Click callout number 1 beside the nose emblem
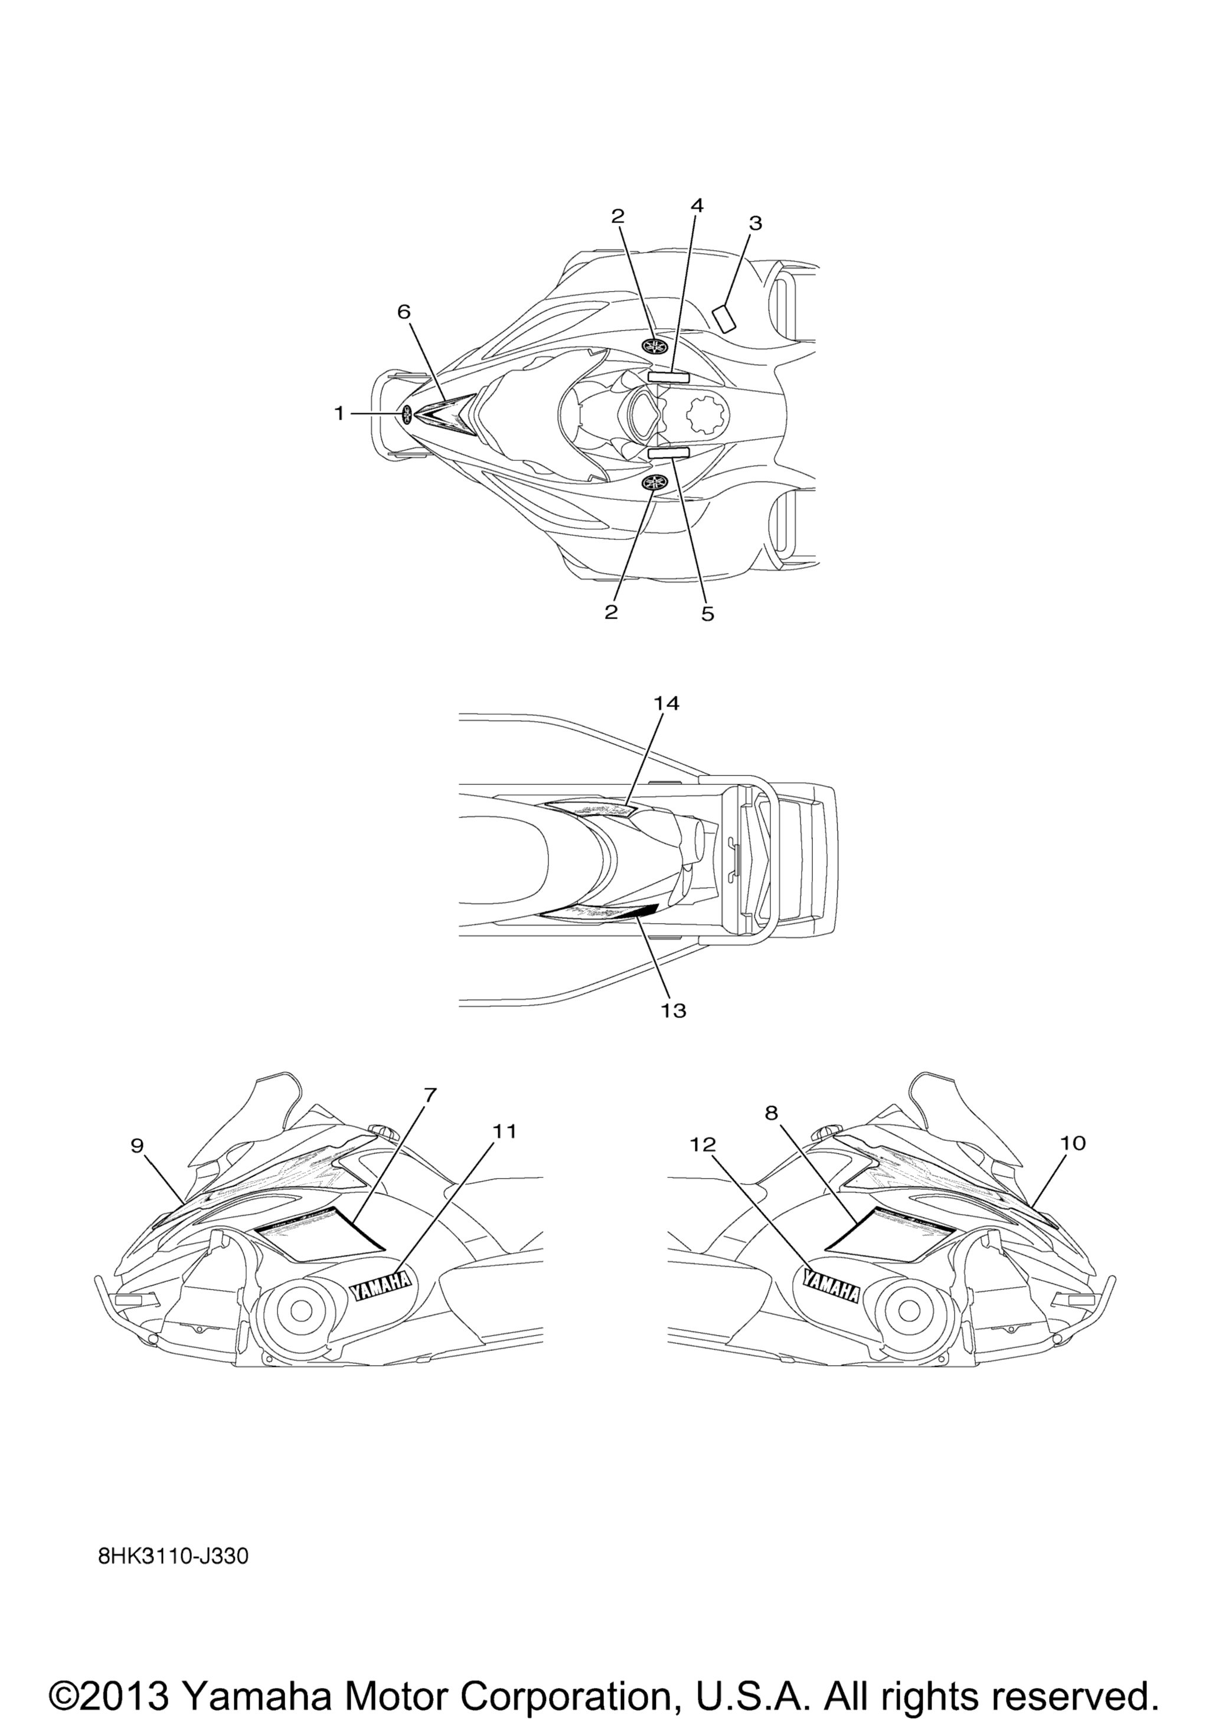(339, 413)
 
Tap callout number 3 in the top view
(756, 223)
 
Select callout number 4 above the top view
(697, 205)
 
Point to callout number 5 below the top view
(708, 614)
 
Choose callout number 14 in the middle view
(666, 703)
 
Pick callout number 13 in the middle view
(674, 1010)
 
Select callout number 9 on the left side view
(137, 1146)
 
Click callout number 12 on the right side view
(704, 1144)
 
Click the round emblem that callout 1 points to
(407, 414)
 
